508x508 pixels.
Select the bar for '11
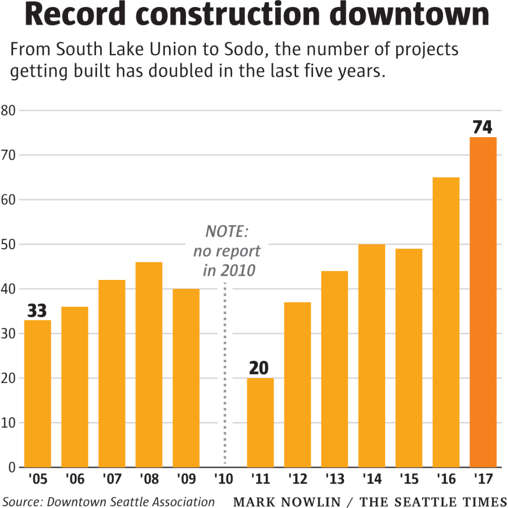pyautogui.click(x=260, y=422)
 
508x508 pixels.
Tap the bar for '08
pyautogui.click(x=149, y=365)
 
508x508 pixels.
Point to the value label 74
pyautogui.click(x=483, y=127)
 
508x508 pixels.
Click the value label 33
pyautogui.click(x=37, y=311)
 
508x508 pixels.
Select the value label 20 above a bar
pyautogui.click(x=259, y=368)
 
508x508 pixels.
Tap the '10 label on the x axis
pyautogui.click(x=224, y=479)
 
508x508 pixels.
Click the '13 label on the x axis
pyautogui.click(x=335, y=479)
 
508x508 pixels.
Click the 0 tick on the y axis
pyautogui.click(x=12, y=467)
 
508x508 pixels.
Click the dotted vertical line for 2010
pyautogui.click(x=225, y=374)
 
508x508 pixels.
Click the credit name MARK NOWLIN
pyautogui.click(x=287, y=502)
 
